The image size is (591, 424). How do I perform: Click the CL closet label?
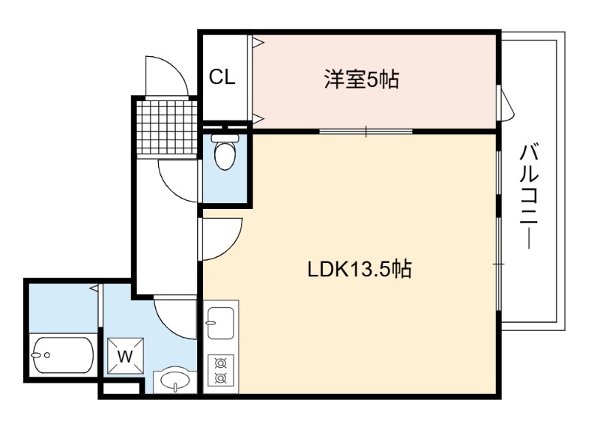(x=222, y=78)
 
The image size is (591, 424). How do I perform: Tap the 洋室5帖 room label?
(x=361, y=80)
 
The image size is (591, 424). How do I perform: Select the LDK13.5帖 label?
(x=360, y=269)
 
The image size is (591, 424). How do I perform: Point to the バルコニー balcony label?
(x=529, y=196)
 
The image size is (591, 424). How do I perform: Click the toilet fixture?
(x=225, y=151)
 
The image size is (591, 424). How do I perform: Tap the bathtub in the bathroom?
(x=63, y=355)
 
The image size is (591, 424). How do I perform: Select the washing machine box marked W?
(x=125, y=356)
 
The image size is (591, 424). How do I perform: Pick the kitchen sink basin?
(x=221, y=323)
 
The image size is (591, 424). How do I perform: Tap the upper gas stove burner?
(x=219, y=363)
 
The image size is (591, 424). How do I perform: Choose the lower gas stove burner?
(x=219, y=377)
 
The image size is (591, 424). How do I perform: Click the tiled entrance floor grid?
(x=168, y=128)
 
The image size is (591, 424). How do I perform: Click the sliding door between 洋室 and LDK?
(x=366, y=131)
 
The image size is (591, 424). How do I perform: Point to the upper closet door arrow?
(x=259, y=42)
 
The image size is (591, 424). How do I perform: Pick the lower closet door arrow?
(x=259, y=118)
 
